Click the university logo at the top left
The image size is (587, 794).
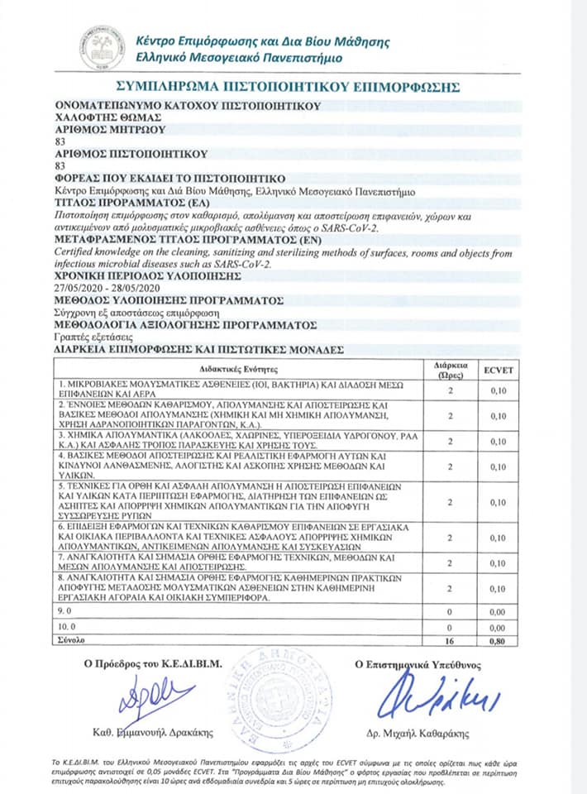point(102,48)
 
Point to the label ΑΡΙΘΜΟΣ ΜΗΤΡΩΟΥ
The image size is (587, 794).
point(109,129)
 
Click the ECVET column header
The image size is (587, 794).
point(499,368)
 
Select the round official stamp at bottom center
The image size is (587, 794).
point(293,695)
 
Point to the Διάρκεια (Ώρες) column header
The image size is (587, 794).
point(451,368)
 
